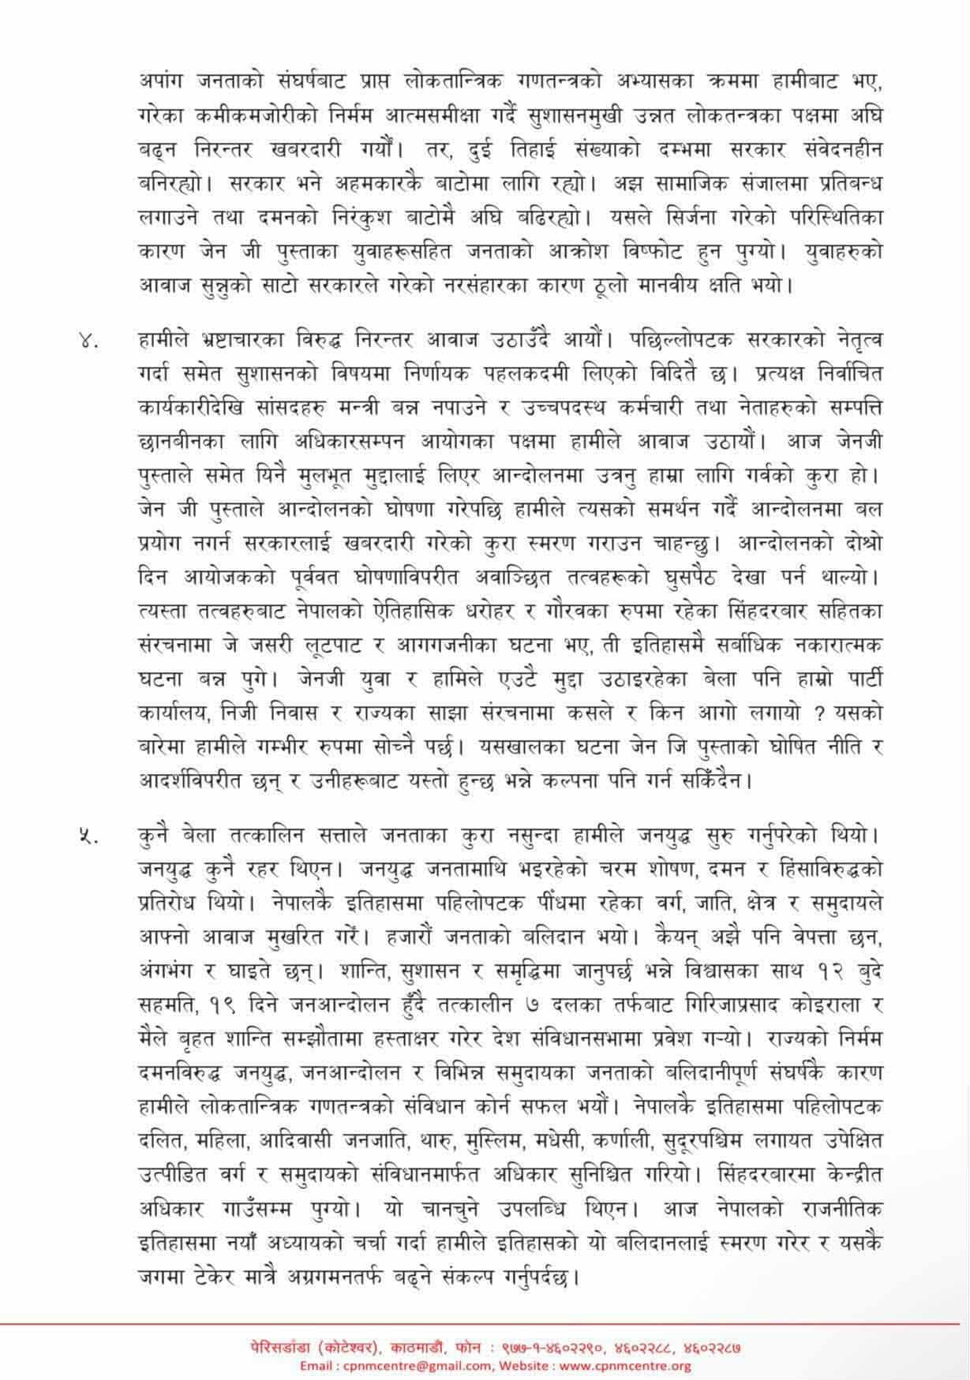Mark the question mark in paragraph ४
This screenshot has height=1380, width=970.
tap(819, 713)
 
